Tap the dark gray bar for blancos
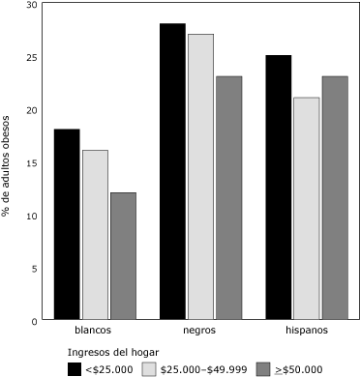[123, 256]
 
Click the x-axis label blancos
[95, 331]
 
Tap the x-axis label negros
[200, 331]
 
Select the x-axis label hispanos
[306, 331]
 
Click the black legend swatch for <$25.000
[74, 368]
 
